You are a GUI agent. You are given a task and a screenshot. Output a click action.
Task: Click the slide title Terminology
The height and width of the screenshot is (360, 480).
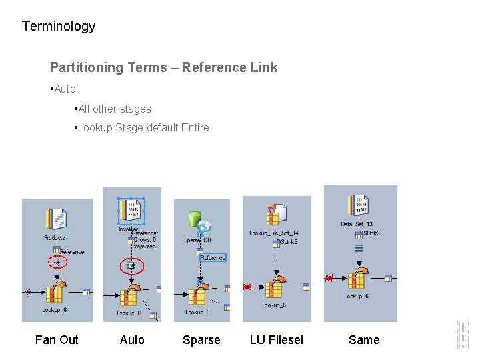pos(59,26)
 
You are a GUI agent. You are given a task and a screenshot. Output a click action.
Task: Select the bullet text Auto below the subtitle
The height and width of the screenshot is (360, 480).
pos(65,89)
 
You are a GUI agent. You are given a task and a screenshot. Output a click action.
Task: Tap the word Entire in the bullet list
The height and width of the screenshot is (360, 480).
pos(195,127)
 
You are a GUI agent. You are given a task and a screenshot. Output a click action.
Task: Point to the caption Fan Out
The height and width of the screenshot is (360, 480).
pos(57,340)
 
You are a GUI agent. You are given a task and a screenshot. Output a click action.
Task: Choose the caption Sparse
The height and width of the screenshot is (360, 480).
pos(201,340)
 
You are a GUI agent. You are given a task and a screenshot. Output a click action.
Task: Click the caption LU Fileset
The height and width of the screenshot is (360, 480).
pos(277,340)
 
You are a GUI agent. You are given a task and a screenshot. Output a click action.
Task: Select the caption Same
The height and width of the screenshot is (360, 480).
pos(364,340)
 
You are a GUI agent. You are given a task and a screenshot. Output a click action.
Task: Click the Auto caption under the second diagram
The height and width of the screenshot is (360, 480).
pos(132,340)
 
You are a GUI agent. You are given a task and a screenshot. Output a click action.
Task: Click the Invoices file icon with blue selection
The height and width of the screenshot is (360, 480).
pos(131,211)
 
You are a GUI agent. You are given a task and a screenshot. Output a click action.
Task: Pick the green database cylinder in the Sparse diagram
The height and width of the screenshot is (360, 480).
pos(195,219)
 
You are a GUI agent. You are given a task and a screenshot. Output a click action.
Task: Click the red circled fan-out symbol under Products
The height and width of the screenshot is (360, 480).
pos(57,262)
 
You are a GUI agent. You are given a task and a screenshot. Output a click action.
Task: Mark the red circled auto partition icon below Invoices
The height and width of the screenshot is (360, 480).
pos(131,267)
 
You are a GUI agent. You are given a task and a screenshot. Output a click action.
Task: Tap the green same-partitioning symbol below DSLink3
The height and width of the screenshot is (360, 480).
pos(359,248)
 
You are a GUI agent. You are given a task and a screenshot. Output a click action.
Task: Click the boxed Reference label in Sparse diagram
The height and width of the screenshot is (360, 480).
pos(213,257)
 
